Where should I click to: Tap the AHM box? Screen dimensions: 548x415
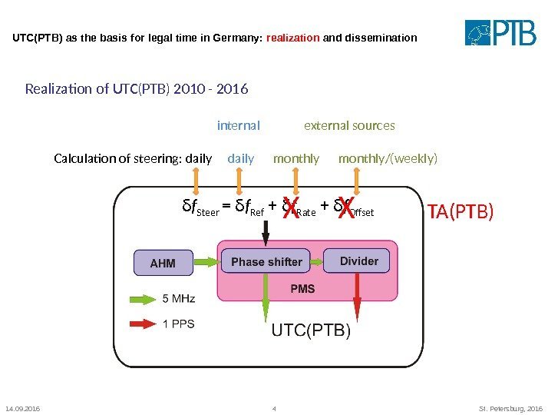point(163,263)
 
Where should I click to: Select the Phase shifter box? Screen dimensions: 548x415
point(266,261)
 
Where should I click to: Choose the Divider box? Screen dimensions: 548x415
point(358,261)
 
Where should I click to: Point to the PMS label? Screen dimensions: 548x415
point(302,289)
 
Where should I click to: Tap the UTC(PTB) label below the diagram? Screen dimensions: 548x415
point(312,331)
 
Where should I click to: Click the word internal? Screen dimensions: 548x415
point(239,125)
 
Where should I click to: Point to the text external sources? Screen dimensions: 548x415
point(349,125)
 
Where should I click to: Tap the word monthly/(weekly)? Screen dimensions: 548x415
point(388,159)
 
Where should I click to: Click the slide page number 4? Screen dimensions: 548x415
point(274,408)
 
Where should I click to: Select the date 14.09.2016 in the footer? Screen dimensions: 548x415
point(22,408)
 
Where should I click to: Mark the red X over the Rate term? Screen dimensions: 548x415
point(290,207)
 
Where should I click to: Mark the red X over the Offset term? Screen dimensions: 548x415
point(347,207)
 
